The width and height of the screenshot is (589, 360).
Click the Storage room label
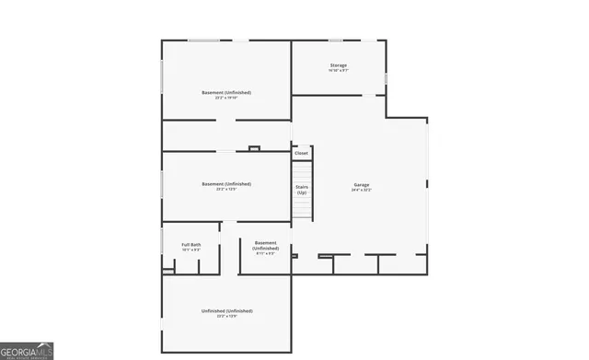339,65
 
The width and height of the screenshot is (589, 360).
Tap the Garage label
362,185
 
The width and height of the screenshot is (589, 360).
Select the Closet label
301,153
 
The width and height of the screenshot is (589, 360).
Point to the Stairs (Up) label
301,190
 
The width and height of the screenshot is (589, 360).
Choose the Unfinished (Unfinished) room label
226,310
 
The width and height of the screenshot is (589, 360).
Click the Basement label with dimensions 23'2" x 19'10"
226,92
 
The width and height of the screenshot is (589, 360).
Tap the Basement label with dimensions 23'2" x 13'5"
226,183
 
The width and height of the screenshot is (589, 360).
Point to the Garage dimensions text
362,191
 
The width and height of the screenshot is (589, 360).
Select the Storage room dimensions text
339,71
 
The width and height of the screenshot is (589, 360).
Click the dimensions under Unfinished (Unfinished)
226,317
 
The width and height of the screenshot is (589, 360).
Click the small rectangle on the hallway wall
254,147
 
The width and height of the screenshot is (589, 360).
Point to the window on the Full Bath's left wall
163,243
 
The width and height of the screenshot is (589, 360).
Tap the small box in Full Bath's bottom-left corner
168,271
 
